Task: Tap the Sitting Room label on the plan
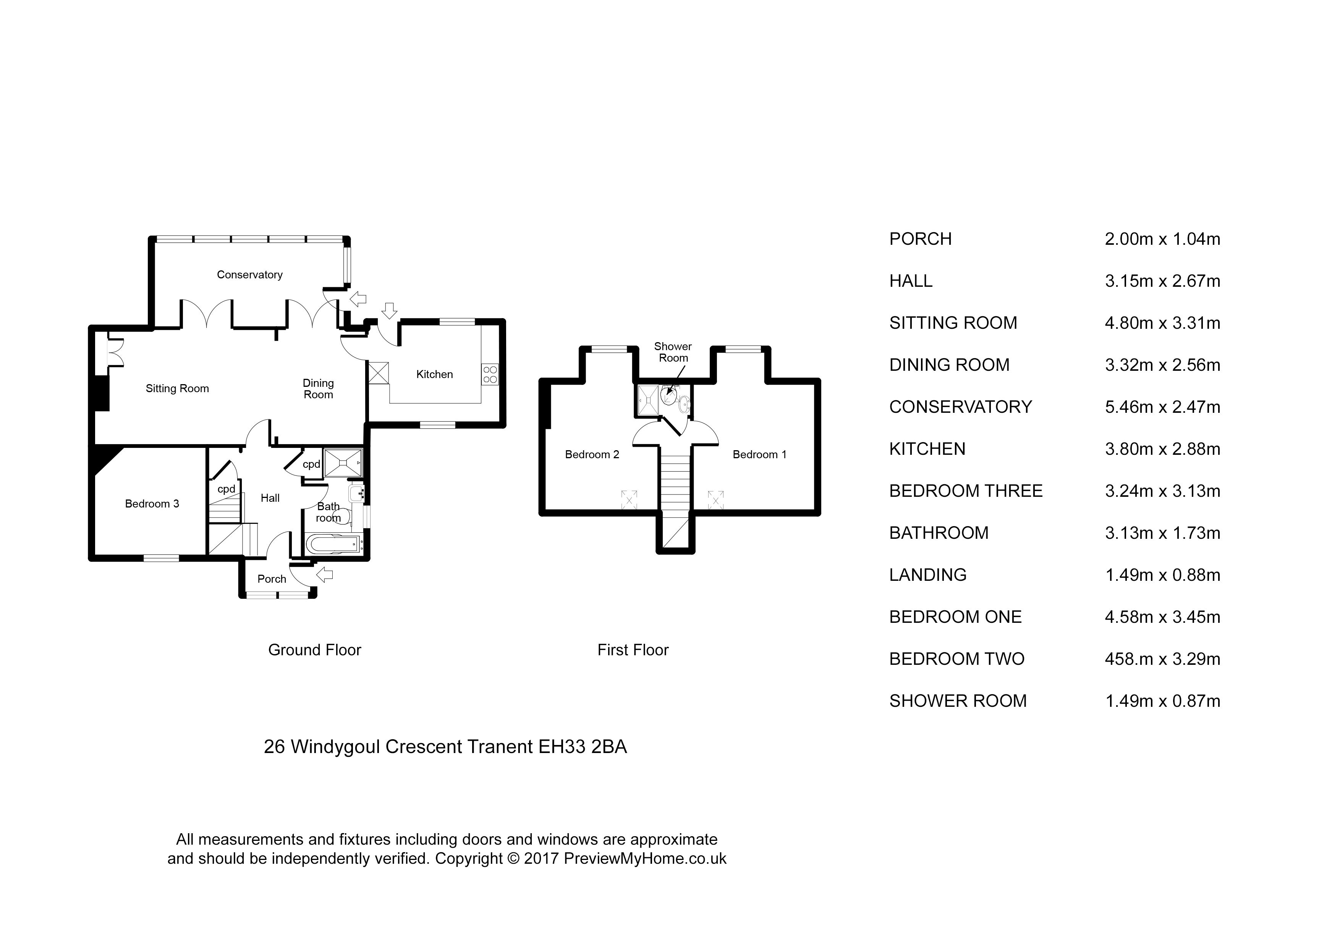tap(177, 389)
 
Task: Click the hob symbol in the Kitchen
tap(490, 374)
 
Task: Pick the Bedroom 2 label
tap(592, 454)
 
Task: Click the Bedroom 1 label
tap(759, 454)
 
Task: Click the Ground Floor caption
tap(315, 650)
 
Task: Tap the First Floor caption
tap(633, 650)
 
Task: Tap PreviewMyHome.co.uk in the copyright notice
tap(645, 858)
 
